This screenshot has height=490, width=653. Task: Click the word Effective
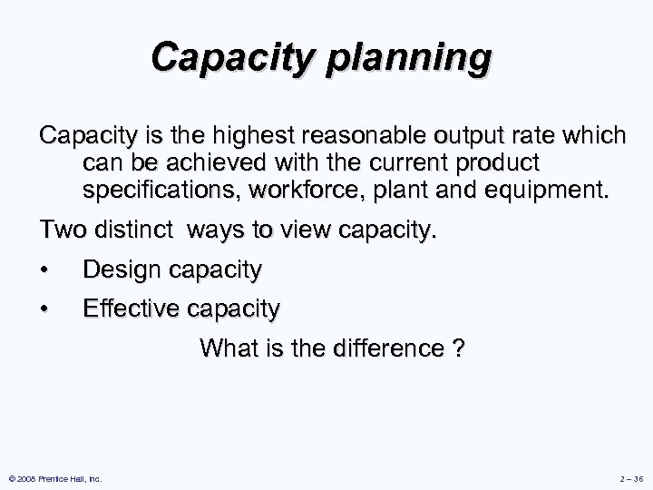click(x=131, y=309)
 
